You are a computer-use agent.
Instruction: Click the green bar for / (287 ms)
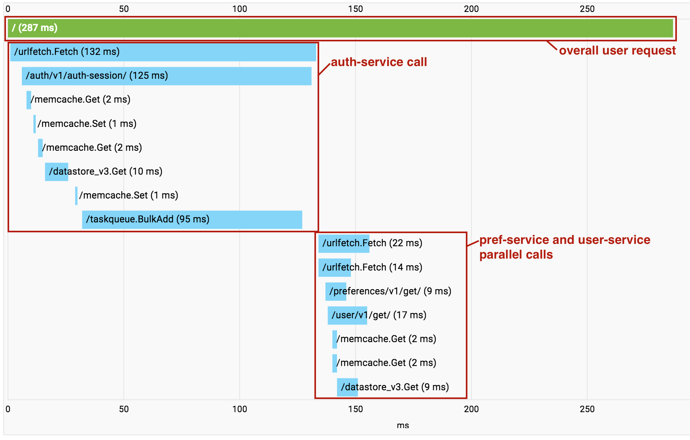(340, 28)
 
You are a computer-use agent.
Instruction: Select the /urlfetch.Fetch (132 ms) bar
(163, 52)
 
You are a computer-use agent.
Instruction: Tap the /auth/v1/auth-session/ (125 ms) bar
(167, 76)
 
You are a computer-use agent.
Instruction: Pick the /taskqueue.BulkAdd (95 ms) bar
(192, 220)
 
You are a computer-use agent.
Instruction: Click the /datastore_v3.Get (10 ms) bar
(56, 172)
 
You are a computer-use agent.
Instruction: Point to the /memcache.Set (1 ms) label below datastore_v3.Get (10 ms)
(128, 195)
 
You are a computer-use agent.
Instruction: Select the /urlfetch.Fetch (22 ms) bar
(344, 243)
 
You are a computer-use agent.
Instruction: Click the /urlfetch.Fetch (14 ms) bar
(334, 268)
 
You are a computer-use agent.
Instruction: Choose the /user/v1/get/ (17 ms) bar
(347, 315)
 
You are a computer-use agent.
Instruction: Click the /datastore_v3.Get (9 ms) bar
(347, 387)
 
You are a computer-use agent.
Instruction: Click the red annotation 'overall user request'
(617, 51)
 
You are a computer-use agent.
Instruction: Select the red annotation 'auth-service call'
(379, 62)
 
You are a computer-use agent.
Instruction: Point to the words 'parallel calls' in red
(516, 255)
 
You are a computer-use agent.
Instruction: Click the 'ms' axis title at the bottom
(403, 425)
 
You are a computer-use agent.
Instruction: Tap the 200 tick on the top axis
(471, 9)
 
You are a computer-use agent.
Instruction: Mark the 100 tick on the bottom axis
(239, 409)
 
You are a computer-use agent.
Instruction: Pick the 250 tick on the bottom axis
(587, 409)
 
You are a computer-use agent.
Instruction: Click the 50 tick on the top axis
(124, 9)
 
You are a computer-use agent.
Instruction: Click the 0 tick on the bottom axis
(8, 409)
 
